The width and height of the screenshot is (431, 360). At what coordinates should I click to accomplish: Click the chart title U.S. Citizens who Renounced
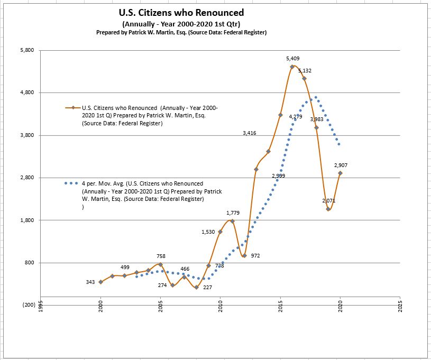182,13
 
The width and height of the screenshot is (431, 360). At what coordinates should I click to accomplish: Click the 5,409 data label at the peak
293,58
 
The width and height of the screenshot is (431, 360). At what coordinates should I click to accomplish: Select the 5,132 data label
305,70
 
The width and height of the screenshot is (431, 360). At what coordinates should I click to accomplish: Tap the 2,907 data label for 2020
341,165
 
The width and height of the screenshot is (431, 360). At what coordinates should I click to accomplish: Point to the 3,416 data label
250,133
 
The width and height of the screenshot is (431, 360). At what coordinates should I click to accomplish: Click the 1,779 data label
233,213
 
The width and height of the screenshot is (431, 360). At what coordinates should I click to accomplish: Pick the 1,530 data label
208,232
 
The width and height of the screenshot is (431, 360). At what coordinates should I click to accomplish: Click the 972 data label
255,255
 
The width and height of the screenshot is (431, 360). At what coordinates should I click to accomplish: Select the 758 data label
161,256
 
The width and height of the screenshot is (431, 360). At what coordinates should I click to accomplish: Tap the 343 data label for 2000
90,282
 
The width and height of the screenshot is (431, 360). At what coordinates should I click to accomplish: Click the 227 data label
207,288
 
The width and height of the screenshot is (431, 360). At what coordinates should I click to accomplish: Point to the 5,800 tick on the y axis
27,50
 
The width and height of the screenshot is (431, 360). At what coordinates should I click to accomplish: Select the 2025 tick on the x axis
401,308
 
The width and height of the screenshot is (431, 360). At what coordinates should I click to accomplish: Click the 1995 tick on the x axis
41,308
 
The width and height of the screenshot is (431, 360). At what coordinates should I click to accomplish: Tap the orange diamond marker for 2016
292,67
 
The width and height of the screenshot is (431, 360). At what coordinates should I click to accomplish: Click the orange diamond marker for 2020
341,173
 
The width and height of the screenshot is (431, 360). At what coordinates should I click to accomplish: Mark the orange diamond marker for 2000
100,282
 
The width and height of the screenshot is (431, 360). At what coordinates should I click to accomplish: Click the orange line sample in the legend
72,107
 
